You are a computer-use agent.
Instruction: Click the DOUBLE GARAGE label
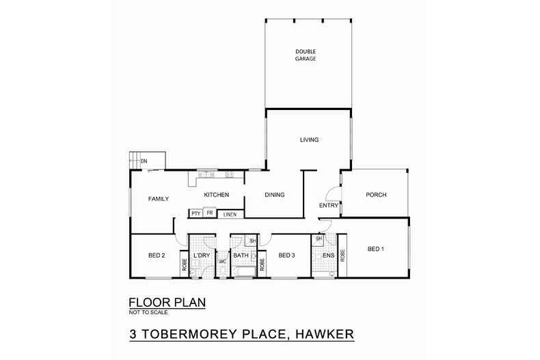click(306, 55)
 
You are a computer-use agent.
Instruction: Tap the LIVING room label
click(310, 140)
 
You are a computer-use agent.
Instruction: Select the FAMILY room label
click(159, 199)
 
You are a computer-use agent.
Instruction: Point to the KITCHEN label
click(216, 195)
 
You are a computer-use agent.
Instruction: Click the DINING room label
click(273, 195)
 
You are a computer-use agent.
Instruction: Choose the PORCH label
click(376, 195)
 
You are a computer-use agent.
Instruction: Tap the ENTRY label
click(329, 205)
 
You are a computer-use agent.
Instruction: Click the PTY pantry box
click(196, 214)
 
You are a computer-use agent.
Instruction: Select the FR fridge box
click(210, 213)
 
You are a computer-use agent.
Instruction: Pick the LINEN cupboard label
click(230, 214)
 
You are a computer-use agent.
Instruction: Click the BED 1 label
click(375, 249)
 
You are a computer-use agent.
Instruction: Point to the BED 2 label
click(157, 255)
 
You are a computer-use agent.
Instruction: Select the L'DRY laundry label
click(201, 255)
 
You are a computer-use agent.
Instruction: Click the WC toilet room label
click(222, 262)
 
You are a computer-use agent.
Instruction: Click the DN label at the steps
click(144, 161)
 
